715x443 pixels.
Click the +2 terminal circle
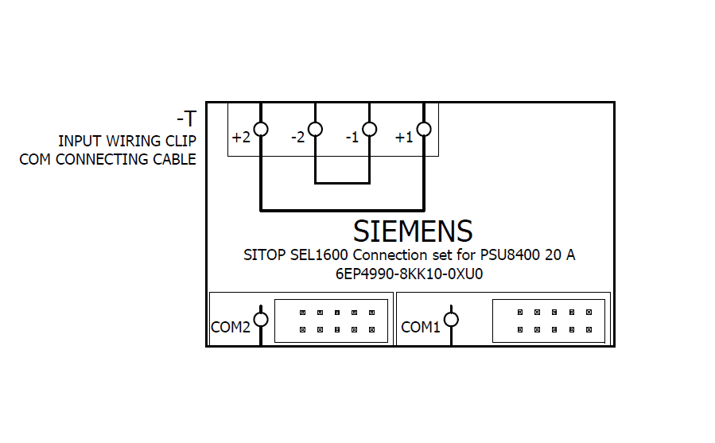(261, 129)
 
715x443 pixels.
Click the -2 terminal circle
(315, 129)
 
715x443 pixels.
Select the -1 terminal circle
(369, 129)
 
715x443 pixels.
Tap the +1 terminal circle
(424, 129)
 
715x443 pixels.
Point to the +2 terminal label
(241, 138)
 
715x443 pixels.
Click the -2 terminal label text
(297, 138)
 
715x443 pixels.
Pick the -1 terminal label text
(352, 138)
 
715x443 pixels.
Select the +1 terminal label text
(404, 138)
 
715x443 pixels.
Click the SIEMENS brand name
(413, 231)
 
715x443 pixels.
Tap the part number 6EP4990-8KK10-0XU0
(410, 274)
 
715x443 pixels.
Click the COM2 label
(231, 327)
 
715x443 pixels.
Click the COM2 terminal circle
(260, 320)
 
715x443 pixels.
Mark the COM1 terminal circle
(451, 320)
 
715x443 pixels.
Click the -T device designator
(186, 119)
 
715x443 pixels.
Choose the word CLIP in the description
(181, 141)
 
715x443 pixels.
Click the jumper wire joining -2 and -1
(342, 184)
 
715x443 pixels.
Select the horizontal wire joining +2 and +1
(342, 211)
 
